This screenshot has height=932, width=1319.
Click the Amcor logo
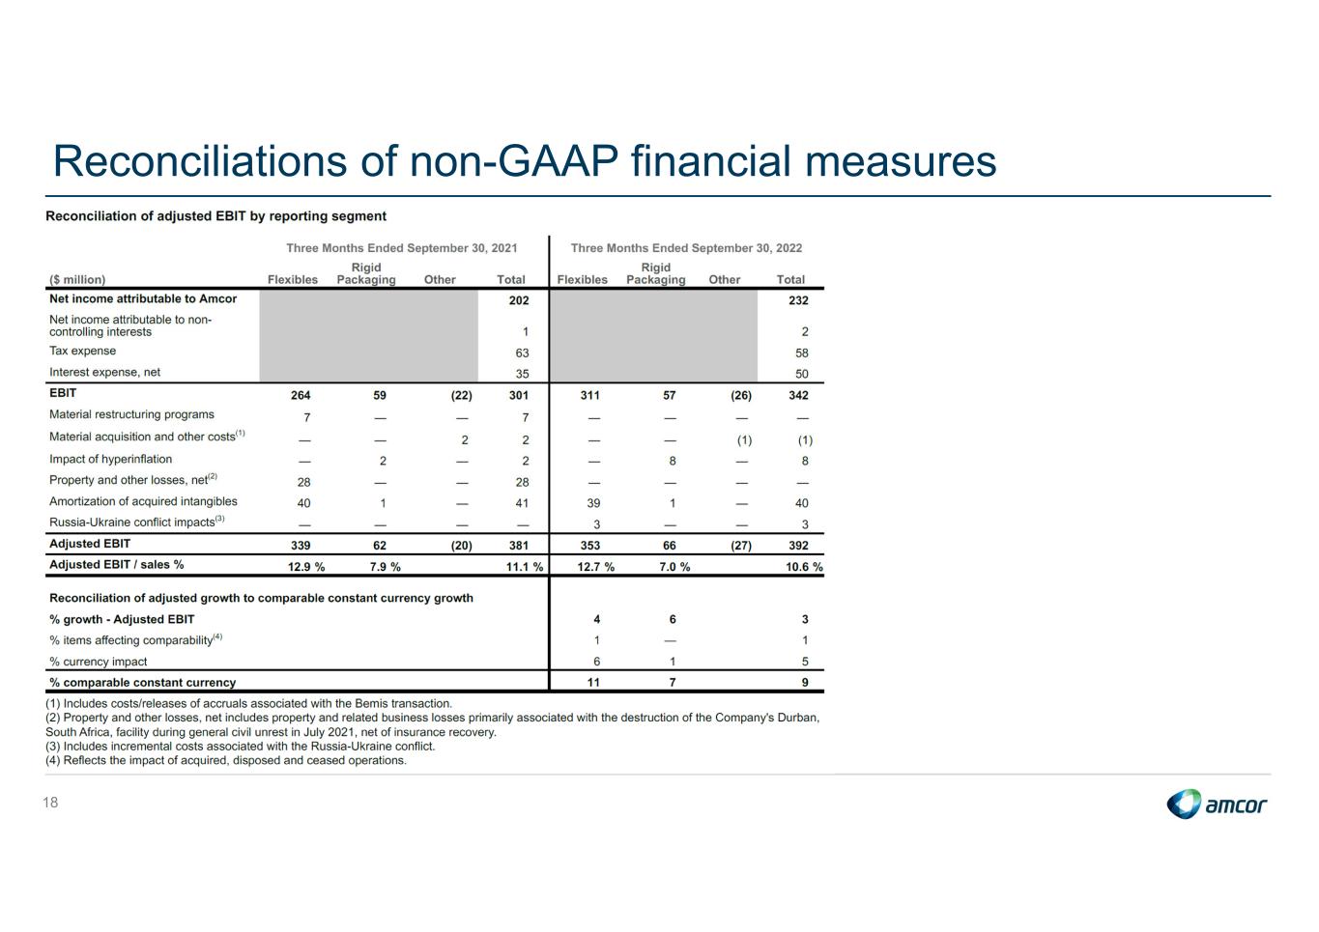(x=1217, y=804)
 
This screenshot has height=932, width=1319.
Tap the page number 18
(x=50, y=803)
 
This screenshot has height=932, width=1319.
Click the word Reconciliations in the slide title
(x=199, y=161)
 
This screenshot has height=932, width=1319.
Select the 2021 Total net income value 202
(x=519, y=300)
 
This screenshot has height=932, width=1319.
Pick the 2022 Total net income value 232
(x=798, y=300)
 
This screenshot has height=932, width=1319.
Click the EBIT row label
(x=63, y=393)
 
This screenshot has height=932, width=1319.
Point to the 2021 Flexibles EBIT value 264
(x=301, y=395)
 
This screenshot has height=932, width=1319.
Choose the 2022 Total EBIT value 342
(x=798, y=395)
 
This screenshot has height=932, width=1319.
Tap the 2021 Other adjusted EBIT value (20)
(x=462, y=546)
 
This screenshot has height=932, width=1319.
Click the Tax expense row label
(x=83, y=352)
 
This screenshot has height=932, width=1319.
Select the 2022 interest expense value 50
(x=801, y=374)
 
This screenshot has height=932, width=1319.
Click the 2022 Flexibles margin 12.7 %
(x=595, y=567)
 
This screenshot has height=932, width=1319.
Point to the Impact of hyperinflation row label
(x=111, y=460)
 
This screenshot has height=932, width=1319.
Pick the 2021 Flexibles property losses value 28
(x=304, y=482)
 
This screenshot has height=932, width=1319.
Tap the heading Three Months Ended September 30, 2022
(x=686, y=248)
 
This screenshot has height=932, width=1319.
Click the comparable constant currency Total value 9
(x=805, y=683)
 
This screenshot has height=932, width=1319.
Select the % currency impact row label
(x=99, y=662)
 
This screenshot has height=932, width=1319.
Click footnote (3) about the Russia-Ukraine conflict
(x=241, y=747)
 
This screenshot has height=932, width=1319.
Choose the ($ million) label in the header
(x=77, y=280)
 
